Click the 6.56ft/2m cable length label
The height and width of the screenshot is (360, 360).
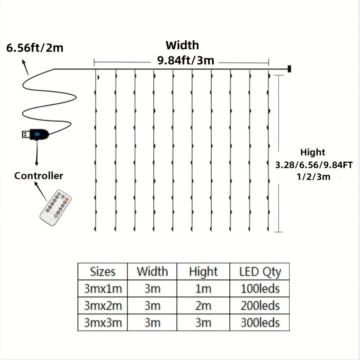[35, 48]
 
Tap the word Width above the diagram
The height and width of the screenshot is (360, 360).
[182, 46]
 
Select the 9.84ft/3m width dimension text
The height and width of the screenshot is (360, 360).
[185, 60]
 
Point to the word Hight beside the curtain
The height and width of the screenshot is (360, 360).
[312, 152]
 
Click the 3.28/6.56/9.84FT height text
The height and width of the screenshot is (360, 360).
[314, 165]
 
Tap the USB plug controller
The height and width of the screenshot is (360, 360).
[36, 134]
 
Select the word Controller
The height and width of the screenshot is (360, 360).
[39, 176]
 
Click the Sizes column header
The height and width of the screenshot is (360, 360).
[103, 271]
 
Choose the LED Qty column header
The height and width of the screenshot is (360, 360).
[260, 272]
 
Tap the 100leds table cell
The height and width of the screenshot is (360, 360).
[260, 289]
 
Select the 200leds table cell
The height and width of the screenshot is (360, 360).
[260, 306]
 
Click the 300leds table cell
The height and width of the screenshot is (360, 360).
[260, 323]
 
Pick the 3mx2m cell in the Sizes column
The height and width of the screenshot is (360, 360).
[103, 306]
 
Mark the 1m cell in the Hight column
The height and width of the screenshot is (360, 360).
[203, 289]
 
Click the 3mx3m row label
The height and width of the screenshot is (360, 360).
[103, 323]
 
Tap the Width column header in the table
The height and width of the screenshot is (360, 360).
[152, 271]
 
